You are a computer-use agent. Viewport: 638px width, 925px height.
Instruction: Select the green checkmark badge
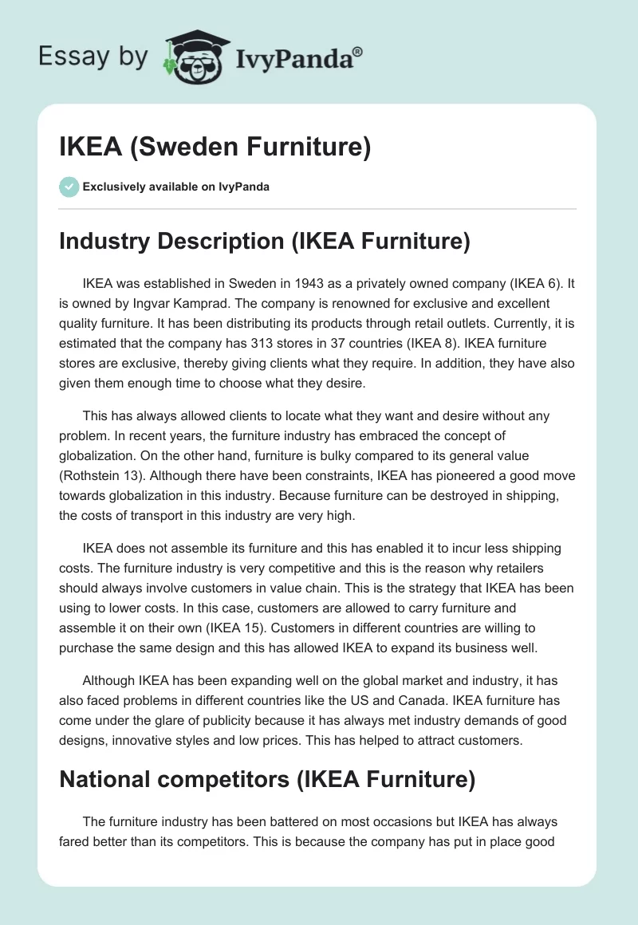click(x=69, y=187)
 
